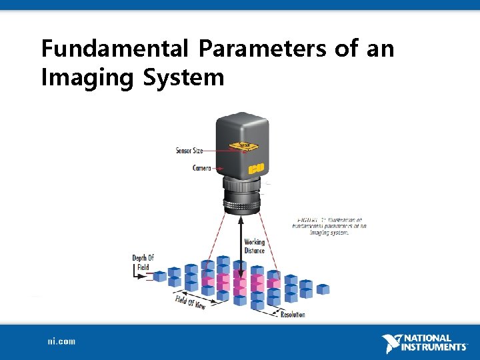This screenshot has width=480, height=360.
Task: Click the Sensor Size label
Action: point(189,151)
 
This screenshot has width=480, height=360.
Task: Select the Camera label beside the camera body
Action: point(201,168)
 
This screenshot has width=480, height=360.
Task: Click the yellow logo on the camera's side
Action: point(257,169)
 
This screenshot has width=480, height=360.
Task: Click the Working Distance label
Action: point(254,246)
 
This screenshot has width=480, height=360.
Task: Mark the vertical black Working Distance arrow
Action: point(241,253)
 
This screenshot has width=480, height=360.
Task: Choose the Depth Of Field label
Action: point(143,263)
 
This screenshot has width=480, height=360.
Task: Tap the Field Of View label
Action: point(191,301)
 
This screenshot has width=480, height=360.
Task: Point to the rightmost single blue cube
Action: point(323,289)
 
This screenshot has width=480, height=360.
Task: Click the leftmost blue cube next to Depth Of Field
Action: point(160,276)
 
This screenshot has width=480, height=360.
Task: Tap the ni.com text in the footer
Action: point(61,341)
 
